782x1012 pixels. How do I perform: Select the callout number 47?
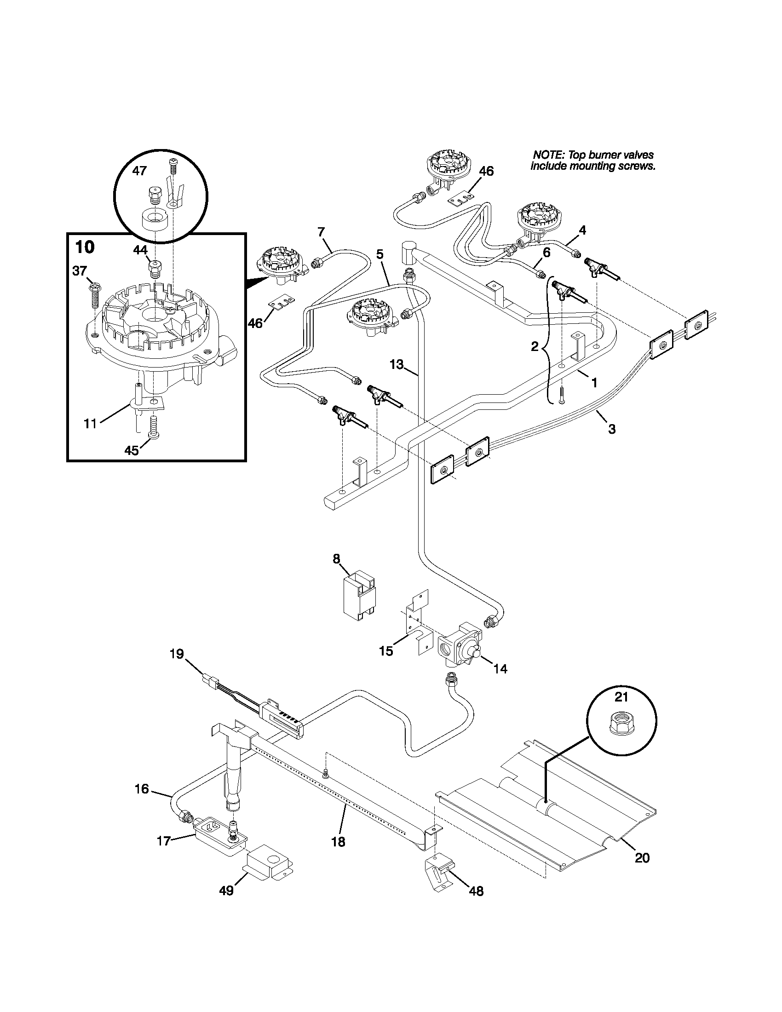[139, 171]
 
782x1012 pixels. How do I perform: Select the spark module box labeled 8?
[359, 595]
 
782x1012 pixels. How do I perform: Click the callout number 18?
[339, 842]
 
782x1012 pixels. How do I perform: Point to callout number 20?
[642, 858]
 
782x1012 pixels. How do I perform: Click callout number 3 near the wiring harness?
[611, 429]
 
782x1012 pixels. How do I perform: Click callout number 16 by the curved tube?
[142, 788]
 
